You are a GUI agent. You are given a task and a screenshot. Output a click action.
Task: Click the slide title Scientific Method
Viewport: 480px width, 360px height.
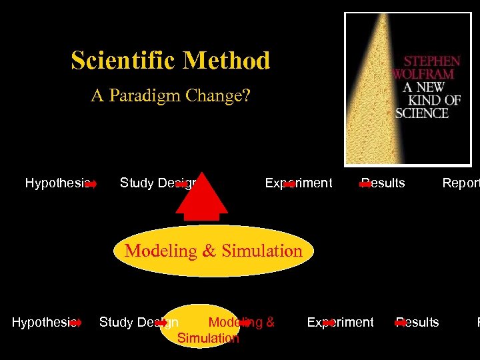(x=171, y=61)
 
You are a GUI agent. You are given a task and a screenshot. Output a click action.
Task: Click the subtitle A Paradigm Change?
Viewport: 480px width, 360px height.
(x=171, y=96)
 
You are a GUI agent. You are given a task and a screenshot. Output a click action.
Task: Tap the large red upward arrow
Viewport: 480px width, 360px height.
(x=201, y=194)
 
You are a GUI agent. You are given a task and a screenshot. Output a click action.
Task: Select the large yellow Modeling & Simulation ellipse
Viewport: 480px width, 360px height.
(x=213, y=251)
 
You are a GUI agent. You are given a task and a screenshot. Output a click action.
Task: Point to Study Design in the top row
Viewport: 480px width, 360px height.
(x=157, y=183)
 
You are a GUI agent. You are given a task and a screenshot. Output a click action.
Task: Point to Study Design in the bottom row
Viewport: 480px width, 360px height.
(x=137, y=323)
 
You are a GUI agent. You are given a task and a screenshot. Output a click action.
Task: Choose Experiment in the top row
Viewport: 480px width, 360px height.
(x=299, y=183)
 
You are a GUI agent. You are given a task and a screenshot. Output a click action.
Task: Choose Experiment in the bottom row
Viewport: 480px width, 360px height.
(x=341, y=323)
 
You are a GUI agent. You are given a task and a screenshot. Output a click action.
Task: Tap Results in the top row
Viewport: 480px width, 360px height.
(x=384, y=183)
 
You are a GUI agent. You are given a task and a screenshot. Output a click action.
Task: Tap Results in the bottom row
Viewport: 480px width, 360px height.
(x=419, y=323)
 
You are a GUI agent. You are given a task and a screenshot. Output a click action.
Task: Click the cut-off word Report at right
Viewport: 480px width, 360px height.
(x=461, y=183)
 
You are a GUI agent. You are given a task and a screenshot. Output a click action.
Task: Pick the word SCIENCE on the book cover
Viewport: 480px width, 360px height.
(x=422, y=113)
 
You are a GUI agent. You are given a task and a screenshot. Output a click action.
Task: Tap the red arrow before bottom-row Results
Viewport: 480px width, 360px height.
(x=401, y=323)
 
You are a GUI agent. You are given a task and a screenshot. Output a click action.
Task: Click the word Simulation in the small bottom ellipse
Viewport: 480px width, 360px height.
(x=208, y=338)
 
